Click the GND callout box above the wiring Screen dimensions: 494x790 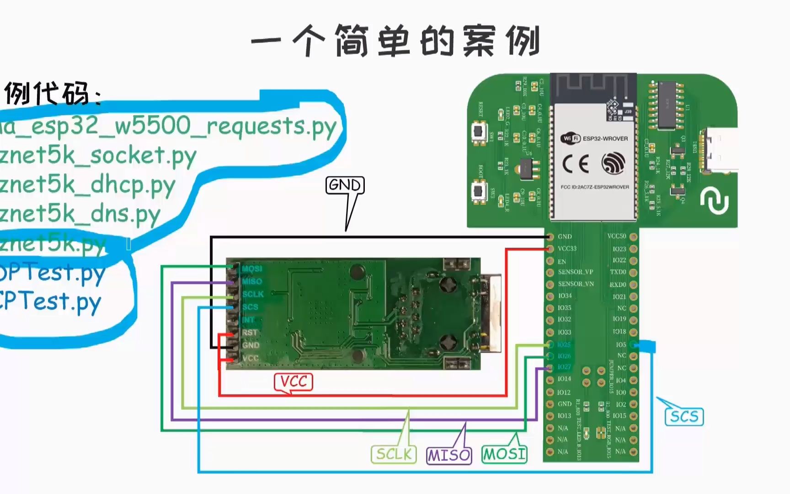click(x=345, y=185)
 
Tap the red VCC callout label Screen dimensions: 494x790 click(x=294, y=381)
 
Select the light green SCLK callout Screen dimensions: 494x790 click(x=394, y=454)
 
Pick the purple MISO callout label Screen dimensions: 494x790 click(x=449, y=455)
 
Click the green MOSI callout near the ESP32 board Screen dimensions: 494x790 click(x=505, y=454)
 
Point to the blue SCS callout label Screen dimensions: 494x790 click(x=684, y=417)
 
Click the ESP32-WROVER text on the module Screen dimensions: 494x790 click(x=605, y=138)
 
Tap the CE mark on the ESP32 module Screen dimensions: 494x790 click(x=575, y=164)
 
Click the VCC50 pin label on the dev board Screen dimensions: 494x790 click(x=617, y=236)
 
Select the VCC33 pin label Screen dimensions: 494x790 click(x=567, y=248)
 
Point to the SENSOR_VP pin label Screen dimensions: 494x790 click(x=575, y=272)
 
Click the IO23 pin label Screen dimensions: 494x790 click(x=619, y=249)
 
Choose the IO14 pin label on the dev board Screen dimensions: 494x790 click(x=564, y=379)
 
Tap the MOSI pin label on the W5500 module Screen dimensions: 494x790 click(x=252, y=268)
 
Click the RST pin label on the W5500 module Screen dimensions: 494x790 click(x=250, y=333)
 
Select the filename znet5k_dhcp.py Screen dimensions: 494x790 click(x=87, y=185)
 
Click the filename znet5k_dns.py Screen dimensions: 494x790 click(x=80, y=214)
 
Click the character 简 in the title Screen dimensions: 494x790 click(x=351, y=41)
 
